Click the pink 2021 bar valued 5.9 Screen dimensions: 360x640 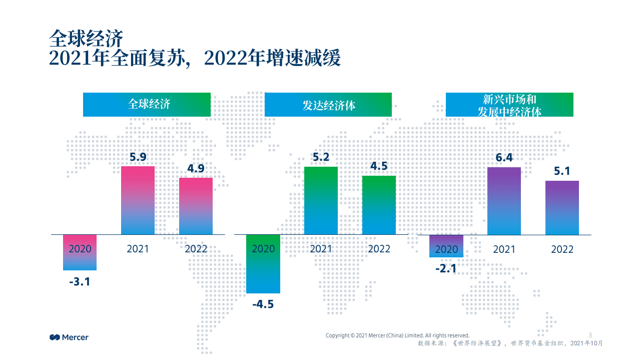click(x=138, y=200)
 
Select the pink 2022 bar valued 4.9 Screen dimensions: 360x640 click(x=196, y=206)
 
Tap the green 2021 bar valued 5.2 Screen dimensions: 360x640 click(x=321, y=200)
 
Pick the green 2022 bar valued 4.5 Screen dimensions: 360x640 click(x=379, y=205)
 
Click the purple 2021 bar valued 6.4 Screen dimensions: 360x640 click(x=504, y=201)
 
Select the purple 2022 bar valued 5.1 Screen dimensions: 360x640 click(x=562, y=207)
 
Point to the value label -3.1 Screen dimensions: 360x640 click(x=80, y=281)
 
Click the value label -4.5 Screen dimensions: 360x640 click(x=263, y=304)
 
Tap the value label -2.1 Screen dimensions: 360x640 click(x=446, y=269)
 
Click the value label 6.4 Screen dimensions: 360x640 click(x=504, y=158)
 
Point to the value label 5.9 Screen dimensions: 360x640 click(x=138, y=157)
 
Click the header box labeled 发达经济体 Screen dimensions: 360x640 click(x=328, y=105)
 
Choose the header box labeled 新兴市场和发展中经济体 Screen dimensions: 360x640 click(x=509, y=105)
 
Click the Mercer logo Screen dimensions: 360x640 click(x=69, y=337)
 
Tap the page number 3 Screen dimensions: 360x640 click(x=590, y=335)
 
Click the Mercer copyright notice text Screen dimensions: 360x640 click(x=397, y=335)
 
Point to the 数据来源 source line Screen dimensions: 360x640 click(x=510, y=343)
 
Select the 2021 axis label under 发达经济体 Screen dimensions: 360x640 click(x=321, y=249)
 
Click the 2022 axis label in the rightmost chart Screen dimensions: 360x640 click(x=562, y=249)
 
